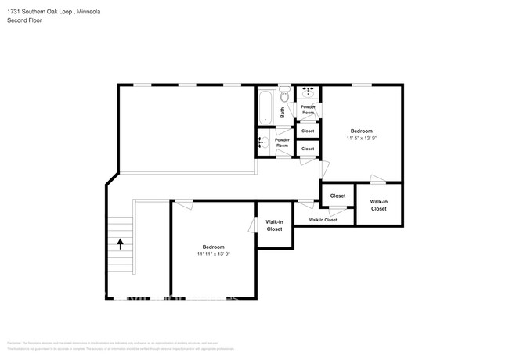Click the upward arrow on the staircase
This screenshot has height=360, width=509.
120,243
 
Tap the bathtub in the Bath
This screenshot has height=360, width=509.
265,105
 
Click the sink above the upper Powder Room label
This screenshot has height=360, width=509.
307,92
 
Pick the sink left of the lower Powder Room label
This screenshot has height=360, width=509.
265,142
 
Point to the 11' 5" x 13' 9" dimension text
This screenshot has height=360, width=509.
361,138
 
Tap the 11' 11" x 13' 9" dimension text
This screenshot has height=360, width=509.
213,254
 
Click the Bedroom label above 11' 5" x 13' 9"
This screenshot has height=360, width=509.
361,131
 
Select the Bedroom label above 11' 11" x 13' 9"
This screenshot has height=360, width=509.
213,247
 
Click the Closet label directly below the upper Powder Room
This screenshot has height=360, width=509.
308,131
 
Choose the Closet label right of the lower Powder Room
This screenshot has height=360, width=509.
308,148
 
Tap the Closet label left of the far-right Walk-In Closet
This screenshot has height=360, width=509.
338,196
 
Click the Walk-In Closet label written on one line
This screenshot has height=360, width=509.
323,220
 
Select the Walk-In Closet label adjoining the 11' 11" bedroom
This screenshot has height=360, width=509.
274,225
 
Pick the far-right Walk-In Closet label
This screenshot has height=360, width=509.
378,205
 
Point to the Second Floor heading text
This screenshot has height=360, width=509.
24,20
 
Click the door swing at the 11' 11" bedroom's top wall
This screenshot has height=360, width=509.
183,205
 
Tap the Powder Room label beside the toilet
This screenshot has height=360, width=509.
309,110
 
